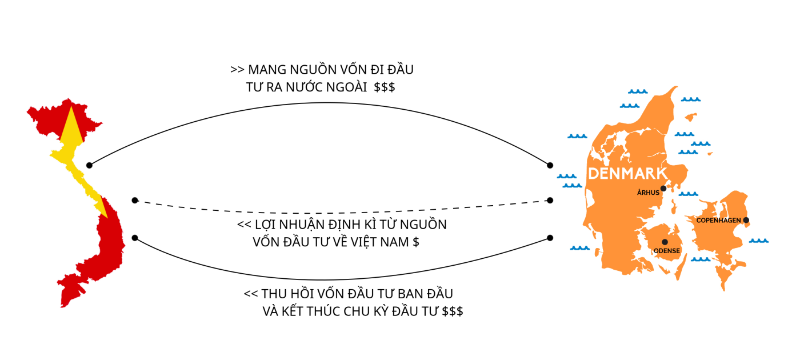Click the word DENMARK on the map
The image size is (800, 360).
point(627,174)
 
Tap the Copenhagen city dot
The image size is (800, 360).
point(746,220)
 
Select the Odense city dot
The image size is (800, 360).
point(665,242)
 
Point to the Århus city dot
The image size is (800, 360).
point(663,188)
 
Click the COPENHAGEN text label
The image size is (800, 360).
point(718,221)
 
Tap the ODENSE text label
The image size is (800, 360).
point(666,251)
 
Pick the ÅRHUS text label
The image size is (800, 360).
point(648,193)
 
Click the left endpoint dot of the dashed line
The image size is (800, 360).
point(134,200)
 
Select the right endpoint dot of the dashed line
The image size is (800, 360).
point(550,200)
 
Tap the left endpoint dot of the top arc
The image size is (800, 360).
point(89,165)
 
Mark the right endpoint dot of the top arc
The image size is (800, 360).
point(550,165)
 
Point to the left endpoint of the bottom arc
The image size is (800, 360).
point(134,238)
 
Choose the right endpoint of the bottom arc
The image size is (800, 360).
point(550,238)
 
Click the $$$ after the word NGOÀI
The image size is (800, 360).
point(385,88)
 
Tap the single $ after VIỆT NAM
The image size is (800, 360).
point(415,242)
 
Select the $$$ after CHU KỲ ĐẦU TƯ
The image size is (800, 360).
point(453,312)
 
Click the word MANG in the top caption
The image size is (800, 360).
point(266,70)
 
